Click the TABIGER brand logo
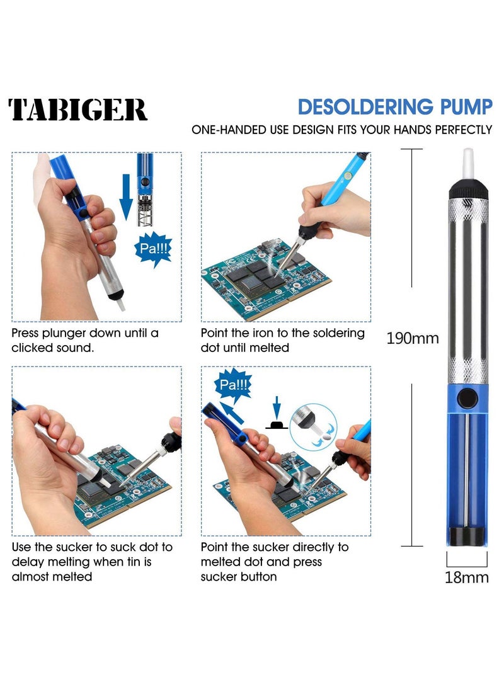(x=78, y=110)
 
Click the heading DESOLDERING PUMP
(x=395, y=107)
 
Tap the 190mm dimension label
(x=412, y=338)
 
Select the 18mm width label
(x=467, y=577)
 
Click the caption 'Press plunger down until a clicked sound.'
(x=85, y=340)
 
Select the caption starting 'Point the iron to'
(x=282, y=340)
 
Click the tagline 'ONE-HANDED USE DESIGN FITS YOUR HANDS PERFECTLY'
(x=342, y=130)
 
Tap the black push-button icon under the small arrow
(x=277, y=425)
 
